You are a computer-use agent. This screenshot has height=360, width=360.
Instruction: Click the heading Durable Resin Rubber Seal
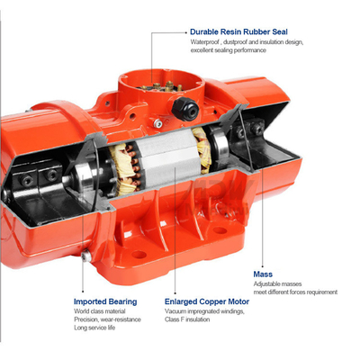pos(238,31)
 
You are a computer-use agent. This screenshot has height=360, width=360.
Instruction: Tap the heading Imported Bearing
pos(105,301)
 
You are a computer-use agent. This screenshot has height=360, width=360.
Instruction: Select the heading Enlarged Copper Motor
pos(207,301)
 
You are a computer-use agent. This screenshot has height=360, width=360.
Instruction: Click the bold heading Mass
pos(263,274)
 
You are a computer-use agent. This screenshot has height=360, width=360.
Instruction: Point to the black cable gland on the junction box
pos(185,109)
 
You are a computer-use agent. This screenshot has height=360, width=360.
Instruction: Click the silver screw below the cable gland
pos(157,123)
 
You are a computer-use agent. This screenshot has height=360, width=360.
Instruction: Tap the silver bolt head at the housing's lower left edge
pos(85,256)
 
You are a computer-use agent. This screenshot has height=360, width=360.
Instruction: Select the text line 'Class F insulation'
pos(187,319)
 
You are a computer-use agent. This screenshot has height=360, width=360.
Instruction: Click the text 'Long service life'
pos(94,328)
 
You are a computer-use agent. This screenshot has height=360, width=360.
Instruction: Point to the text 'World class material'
pos(100,311)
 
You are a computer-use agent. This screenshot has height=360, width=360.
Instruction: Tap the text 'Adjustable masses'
pos(277,283)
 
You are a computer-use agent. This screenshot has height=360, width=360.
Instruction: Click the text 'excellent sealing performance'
pos(229,50)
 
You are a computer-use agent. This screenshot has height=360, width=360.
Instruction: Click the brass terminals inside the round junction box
pos(159,86)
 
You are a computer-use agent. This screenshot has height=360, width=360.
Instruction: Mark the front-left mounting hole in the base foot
pos(139,255)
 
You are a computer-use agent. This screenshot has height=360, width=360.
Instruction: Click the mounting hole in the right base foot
pos(220,230)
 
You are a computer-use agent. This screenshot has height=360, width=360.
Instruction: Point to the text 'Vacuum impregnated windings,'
pos(204,311)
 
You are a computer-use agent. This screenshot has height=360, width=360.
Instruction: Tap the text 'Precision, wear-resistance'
pos(107,319)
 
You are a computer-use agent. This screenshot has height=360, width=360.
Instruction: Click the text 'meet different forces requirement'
pos(295,292)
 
